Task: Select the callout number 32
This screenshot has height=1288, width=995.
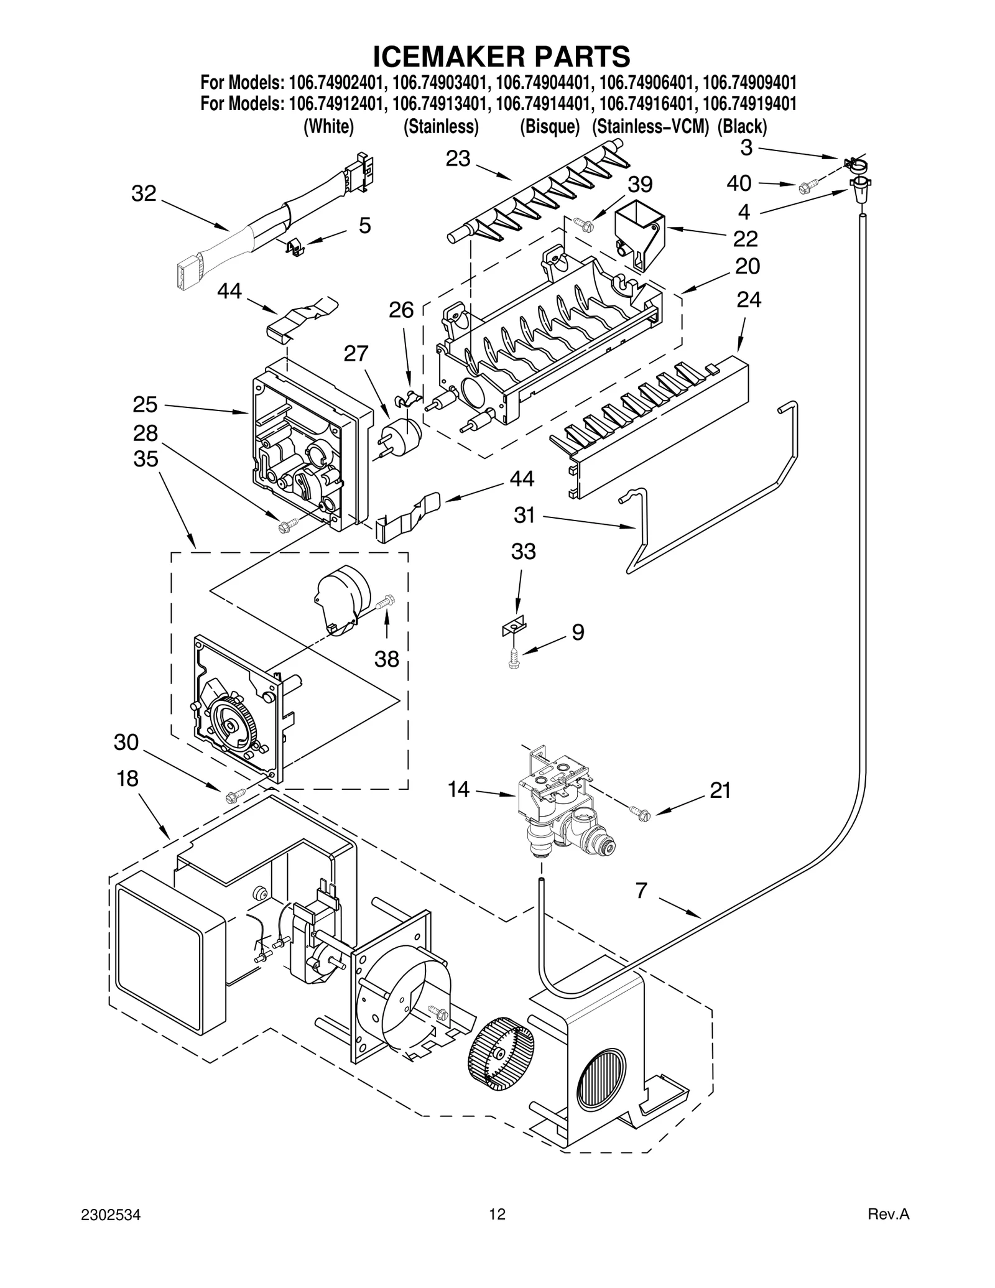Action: click(x=144, y=193)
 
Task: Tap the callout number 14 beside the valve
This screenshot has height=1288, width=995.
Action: click(x=459, y=790)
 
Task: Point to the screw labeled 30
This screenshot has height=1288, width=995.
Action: click(x=236, y=794)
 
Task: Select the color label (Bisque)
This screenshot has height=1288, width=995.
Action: click(x=550, y=127)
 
